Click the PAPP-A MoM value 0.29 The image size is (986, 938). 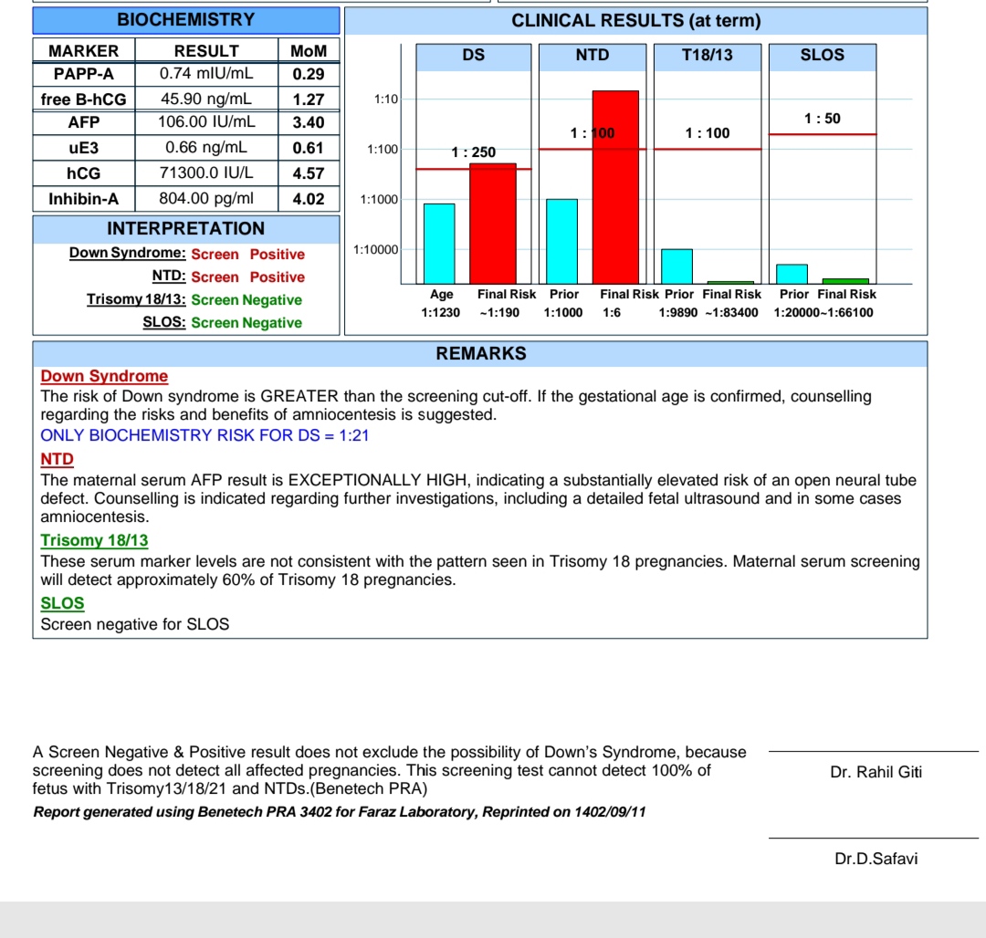click(x=308, y=74)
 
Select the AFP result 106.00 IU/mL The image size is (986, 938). click(x=206, y=121)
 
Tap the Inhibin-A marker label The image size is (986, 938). click(x=83, y=198)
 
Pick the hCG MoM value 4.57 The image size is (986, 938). click(x=308, y=172)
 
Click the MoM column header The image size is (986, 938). click(x=308, y=51)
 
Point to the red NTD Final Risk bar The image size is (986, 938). click(x=615, y=187)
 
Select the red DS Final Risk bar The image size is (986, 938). click(x=493, y=224)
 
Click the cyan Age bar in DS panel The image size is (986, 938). click(x=439, y=244)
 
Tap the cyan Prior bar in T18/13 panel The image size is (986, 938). click(x=677, y=266)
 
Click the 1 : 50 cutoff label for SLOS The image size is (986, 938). click(x=823, y=119)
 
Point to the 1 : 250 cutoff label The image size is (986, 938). click(x=474, y=152)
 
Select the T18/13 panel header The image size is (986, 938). click(x=708, y=56)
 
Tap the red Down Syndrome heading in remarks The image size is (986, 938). click(x=104, y=376)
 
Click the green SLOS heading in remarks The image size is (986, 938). click(x=62, y=603)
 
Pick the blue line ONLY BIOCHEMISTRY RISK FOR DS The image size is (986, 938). click(x=205, y=435)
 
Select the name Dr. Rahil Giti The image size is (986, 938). click(x=876, y=772)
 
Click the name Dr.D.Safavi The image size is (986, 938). click(x=876, y=859)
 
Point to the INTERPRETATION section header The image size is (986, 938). click(x=185, y=228)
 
